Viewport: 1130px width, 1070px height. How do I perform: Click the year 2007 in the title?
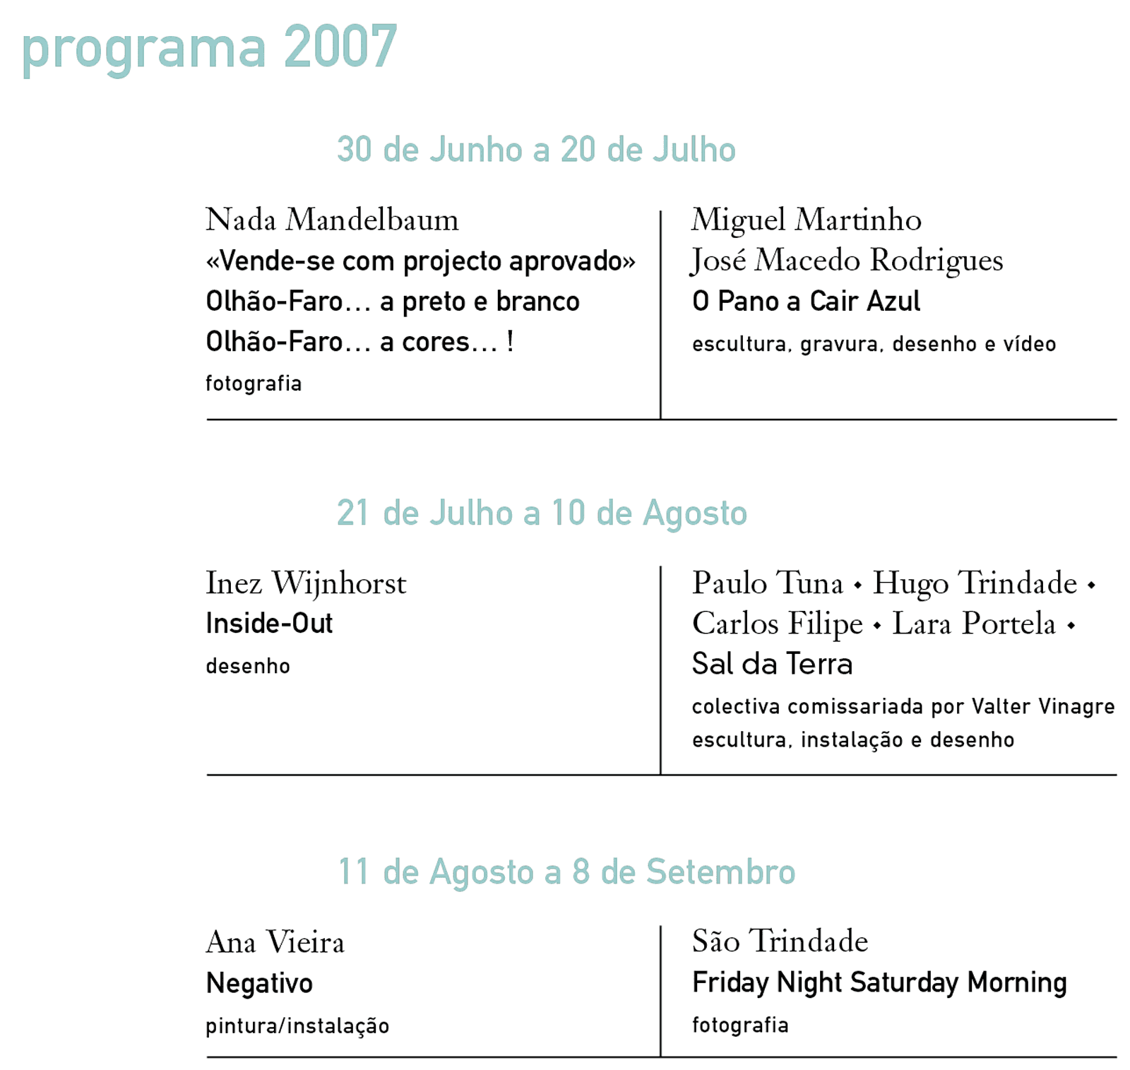click(x=340, y=47)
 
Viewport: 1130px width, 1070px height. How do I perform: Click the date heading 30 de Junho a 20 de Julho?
click(x=536, y=150)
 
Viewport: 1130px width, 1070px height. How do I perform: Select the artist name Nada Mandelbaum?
click(x=332, y=220)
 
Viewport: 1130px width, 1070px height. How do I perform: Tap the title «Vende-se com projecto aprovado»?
click(x=420, y=261)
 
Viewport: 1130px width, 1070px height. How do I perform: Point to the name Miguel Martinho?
click(x=806, y=220)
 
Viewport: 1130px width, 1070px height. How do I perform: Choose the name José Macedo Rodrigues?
click(x=847, y=261)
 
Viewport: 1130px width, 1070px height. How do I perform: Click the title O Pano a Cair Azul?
click(x=806, y=302)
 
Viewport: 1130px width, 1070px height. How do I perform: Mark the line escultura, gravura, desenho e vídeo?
click(x=874, y=344)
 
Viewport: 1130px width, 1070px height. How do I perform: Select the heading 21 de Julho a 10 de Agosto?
click(x=542, y=513)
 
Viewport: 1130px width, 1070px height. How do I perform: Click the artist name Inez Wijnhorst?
click(x=306, y=583)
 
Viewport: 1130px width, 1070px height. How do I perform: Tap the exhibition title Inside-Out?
click(x=269, y=624)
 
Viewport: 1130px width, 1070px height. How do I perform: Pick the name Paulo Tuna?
click(x=768, y=583)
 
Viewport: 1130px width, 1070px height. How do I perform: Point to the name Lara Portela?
click(x=973, y=624)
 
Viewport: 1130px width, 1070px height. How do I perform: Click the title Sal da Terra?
click(x=772, y=664)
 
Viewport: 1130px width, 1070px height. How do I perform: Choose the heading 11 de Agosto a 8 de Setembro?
click(x=566, y=872)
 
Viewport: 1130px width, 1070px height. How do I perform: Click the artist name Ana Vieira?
click(x=275, y=942)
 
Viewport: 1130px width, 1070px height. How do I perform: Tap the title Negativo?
click(x=259, y=983)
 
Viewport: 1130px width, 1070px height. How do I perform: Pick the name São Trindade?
click(x=780, y=941)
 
